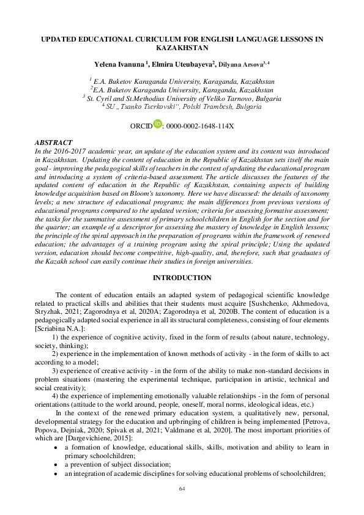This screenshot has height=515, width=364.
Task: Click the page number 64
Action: tap(182, 489)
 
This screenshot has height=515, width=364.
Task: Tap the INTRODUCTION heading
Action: tap(182, 278)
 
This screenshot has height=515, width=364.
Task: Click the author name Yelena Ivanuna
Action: tap(117, 64)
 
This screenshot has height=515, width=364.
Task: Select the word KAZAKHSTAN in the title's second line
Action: tap(182, 46)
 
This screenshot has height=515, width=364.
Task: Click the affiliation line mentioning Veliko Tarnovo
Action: tap(182, 98)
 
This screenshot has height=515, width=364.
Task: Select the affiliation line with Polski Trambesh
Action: tap(182, 106)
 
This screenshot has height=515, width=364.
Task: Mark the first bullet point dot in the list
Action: tap(56, 448)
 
